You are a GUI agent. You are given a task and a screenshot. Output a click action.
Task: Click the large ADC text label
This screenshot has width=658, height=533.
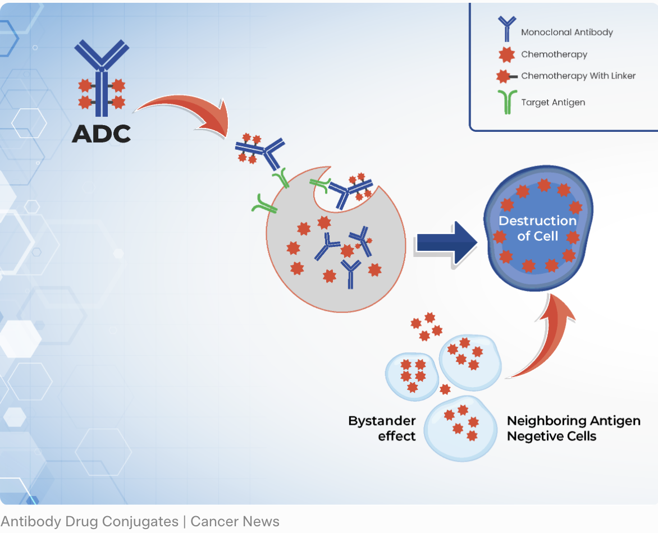[x=102, y=133]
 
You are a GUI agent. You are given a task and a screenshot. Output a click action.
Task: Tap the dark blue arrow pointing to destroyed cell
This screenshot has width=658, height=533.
[x=446, y=242]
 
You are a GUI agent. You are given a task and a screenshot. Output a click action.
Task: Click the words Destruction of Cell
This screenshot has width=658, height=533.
[x=537, y=228]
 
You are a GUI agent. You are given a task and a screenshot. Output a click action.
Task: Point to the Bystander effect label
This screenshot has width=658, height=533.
[x=382, y=428]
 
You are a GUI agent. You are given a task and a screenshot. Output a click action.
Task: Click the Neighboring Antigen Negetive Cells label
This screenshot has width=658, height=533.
[x=573, y=428]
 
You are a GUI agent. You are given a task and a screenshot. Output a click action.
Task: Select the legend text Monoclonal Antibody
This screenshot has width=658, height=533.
[x=566, y=33]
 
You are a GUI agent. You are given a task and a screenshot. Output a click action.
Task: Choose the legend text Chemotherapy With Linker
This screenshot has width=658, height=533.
[x=578, y=76]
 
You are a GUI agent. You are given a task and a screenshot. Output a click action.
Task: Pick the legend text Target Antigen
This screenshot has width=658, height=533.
[x=553, y=102]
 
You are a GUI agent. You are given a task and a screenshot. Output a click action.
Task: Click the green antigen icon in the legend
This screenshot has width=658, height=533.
[x=507, y=102]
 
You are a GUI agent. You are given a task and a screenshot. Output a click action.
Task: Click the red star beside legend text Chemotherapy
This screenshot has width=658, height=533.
[x=507, y=55]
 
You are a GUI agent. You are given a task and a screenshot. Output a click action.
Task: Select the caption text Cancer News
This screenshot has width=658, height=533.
[x=235, y=521]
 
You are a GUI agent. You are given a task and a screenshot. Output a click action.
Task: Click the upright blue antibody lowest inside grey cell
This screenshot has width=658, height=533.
[x=351, y=274]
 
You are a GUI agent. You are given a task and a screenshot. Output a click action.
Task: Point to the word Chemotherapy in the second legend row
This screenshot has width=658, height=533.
[x=554, y=54]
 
